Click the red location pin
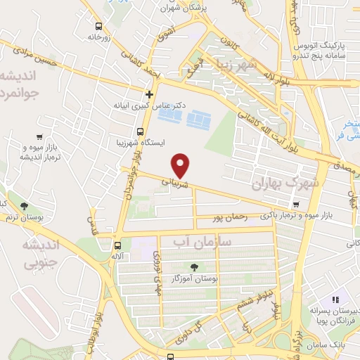click(182, 166)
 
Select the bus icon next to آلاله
click(117, 246)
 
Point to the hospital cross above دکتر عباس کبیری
click(149, 94)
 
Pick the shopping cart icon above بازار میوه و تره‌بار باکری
click(297, 204)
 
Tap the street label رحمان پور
click(231, 218)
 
